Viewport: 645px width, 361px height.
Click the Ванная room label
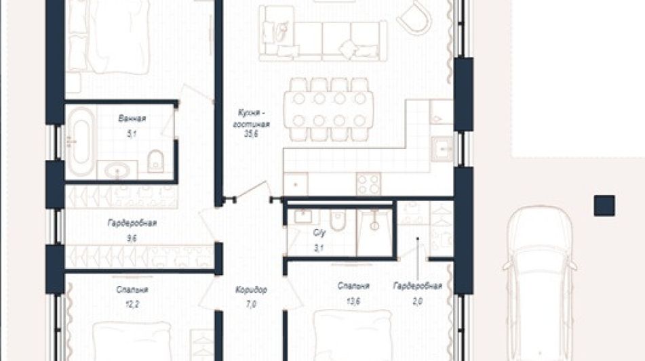[132, 119]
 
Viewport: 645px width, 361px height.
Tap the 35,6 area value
[251, 133]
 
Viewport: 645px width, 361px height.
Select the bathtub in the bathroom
[80, 142]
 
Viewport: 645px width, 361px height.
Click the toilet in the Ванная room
[155, 161]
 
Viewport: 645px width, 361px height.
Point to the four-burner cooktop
[368, 184]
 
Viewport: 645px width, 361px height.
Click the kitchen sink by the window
[442, 149]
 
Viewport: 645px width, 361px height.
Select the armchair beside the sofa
[414, 18]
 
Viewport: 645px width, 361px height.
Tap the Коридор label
[251, 290]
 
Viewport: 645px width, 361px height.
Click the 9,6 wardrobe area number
[132, 238]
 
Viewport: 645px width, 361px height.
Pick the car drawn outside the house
[539, 283]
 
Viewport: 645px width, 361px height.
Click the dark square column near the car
[604, 206]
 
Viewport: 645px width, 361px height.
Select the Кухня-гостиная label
[252, 119]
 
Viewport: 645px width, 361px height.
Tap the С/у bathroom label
[319, 233]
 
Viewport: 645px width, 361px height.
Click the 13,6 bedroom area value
[353, 301]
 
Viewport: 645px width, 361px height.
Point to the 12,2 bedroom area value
[132, 304]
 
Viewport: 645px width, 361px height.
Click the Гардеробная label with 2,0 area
[418, 286]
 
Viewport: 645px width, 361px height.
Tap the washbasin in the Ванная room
[117, 171]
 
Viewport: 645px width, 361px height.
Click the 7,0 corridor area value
[252, 304]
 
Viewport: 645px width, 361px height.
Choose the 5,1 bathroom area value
[132, 133]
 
